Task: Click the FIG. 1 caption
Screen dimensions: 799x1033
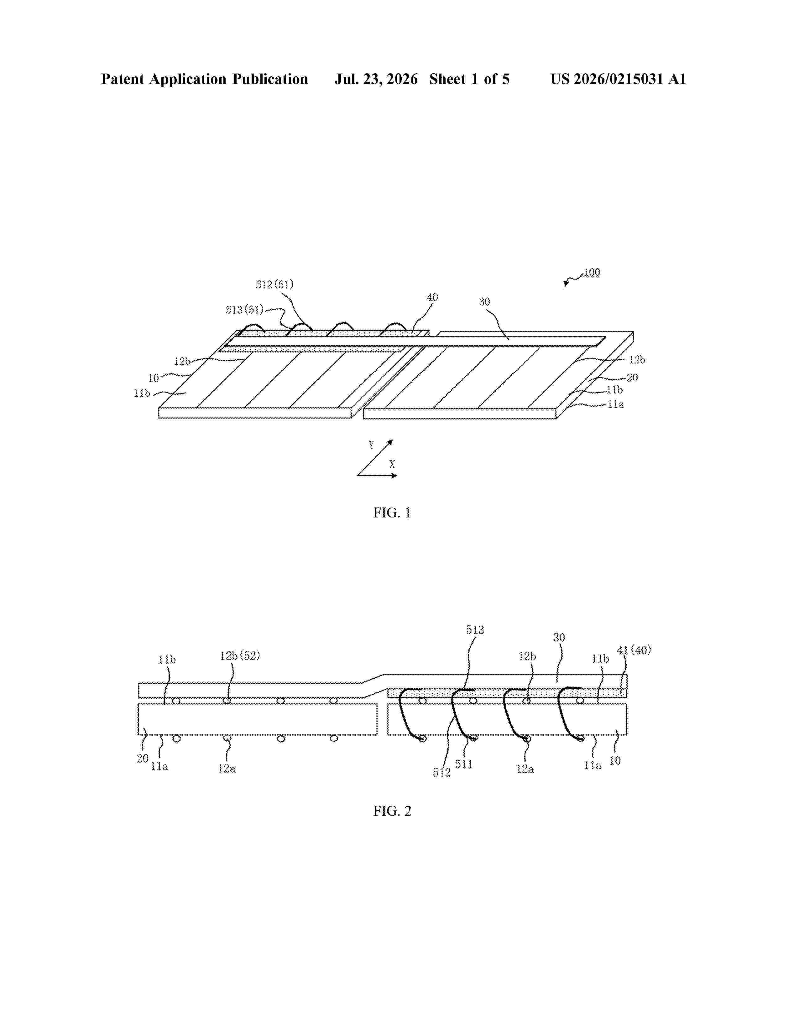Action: [x=392, y=513]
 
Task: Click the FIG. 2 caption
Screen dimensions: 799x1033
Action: [x=392, y=811]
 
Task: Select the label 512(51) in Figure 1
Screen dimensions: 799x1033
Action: [x=274, y=284]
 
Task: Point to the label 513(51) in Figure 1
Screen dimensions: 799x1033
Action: [x=244, y=310]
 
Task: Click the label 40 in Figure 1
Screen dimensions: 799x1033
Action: [x=432, y=297]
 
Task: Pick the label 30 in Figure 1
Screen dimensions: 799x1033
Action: [x=484, y=302]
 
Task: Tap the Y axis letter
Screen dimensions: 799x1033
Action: [x=371, y=445]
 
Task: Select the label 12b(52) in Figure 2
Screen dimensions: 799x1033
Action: [x=240, y=655]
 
